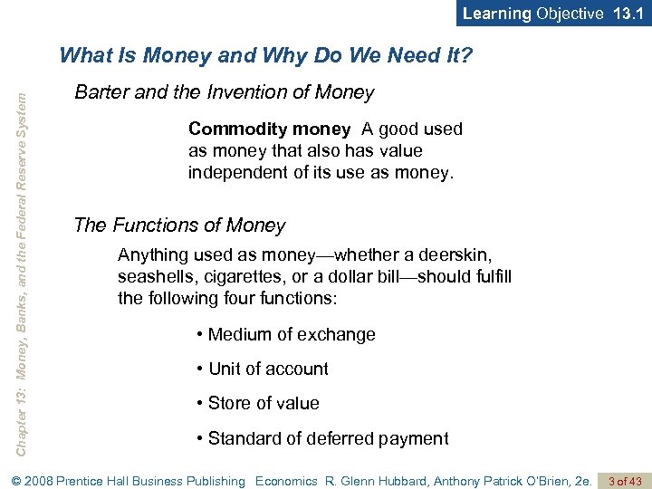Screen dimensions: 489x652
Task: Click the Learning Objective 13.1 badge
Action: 553,14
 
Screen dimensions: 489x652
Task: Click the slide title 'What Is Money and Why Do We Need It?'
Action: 265,57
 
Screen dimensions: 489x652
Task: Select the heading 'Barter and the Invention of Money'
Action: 224,92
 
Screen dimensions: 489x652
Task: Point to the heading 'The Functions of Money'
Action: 179,225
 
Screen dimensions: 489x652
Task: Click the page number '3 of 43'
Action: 625,481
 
